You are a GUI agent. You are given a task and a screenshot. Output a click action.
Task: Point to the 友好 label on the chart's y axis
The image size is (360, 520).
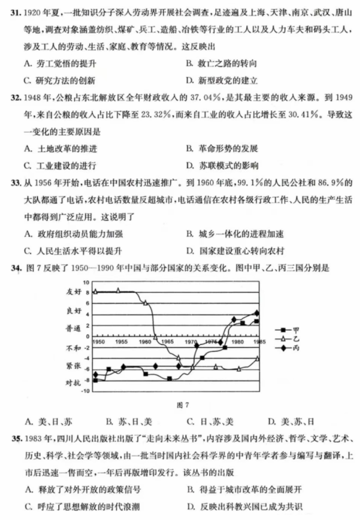[x=75, y=292]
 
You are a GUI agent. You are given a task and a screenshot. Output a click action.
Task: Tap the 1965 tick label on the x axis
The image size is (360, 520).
[x=167, y=342]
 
